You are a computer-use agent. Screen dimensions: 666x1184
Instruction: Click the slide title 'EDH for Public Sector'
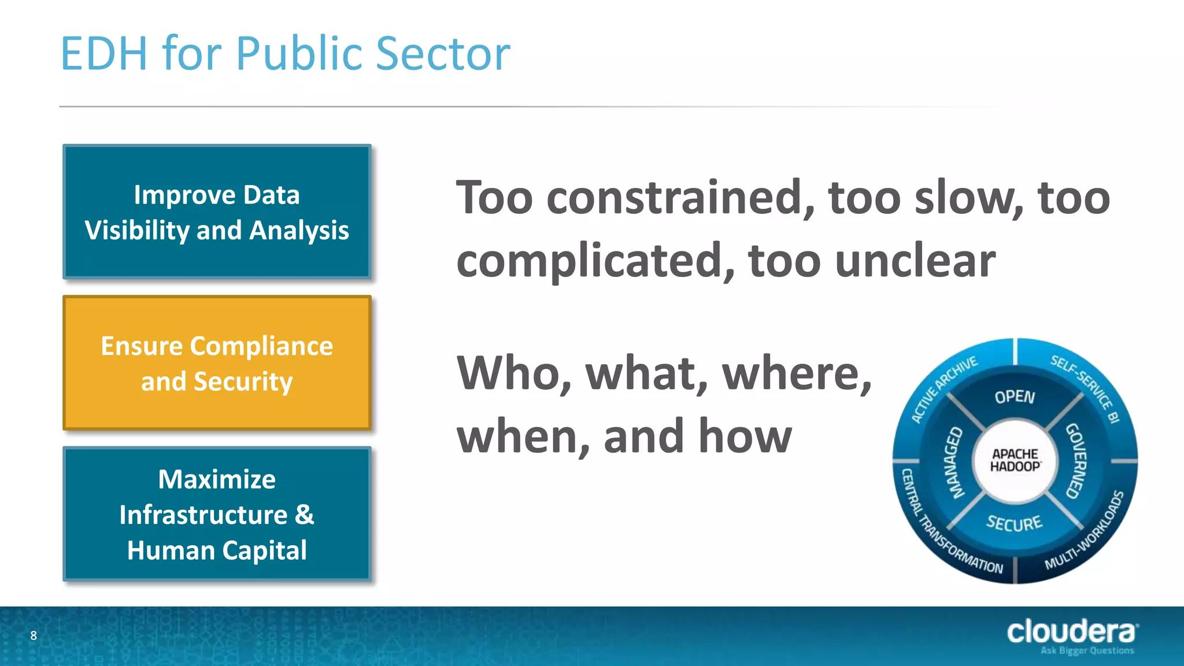point(285,54)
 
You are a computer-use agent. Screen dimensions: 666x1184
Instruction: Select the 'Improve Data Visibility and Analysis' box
point(217,212)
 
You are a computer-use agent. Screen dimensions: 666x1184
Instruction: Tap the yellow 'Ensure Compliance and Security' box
point(217,363)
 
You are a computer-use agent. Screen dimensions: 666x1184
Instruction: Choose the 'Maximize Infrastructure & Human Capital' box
point(217,514)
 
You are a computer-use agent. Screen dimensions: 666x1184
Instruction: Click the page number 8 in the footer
point(34,636)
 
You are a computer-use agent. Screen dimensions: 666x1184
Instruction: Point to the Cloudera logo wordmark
point(1071,631)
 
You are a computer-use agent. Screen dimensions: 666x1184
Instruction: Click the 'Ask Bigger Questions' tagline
point(1087,651)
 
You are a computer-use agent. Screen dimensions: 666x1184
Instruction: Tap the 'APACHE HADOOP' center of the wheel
point(1015,461)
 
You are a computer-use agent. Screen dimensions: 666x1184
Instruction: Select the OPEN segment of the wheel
point(1015,397)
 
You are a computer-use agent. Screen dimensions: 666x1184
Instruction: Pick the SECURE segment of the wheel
point(1014,523)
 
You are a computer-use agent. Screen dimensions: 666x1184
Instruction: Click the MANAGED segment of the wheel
point(954,462)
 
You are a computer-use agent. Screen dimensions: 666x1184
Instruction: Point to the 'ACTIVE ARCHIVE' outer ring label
point(944,388)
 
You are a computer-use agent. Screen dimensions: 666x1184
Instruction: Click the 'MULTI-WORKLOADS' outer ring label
point(1085,531)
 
